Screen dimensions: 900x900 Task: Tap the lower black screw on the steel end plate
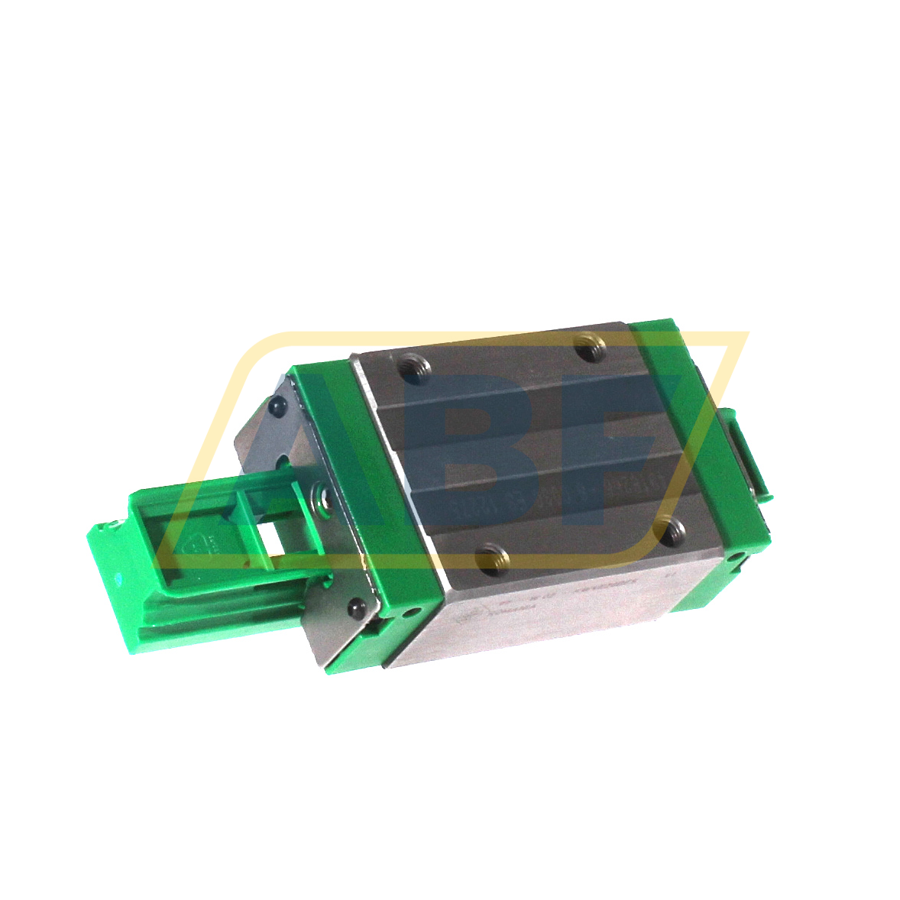coord(354,609)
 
